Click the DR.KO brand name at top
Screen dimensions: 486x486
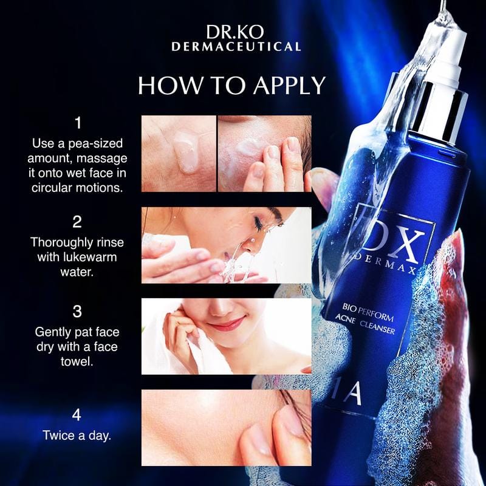[235, 32]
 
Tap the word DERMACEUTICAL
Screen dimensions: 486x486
[236, 47]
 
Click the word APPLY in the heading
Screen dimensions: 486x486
[289, 85]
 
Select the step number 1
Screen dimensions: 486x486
[78, 123]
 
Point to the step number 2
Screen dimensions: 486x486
[77, 222]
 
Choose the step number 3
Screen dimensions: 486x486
[77, 312]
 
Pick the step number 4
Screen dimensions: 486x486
[77, 415]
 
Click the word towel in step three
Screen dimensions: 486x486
[77, 361]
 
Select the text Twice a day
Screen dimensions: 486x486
[77, 436]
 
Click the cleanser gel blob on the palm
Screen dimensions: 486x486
[185, 152]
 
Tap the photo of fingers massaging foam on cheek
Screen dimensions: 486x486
[265, 154]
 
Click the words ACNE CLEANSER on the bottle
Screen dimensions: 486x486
[365, 324]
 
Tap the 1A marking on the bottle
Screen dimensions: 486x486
[354, 394]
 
